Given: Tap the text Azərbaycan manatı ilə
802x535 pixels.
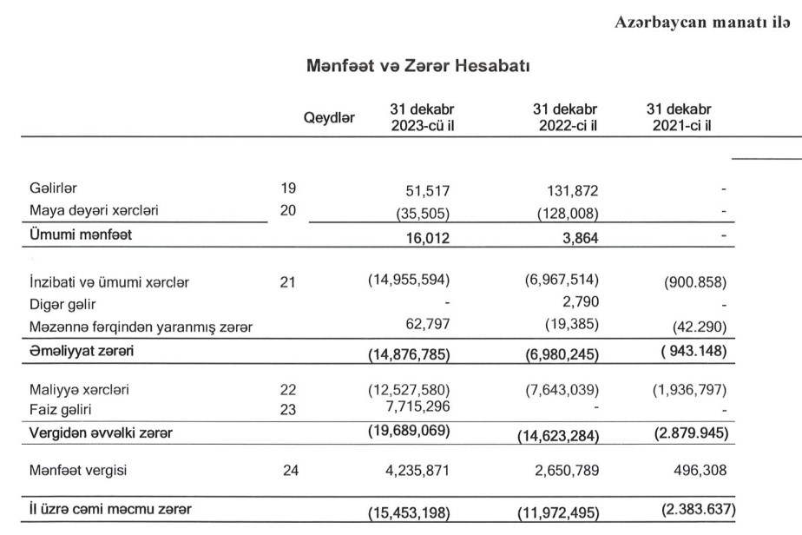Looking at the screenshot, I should click(707, 23).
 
